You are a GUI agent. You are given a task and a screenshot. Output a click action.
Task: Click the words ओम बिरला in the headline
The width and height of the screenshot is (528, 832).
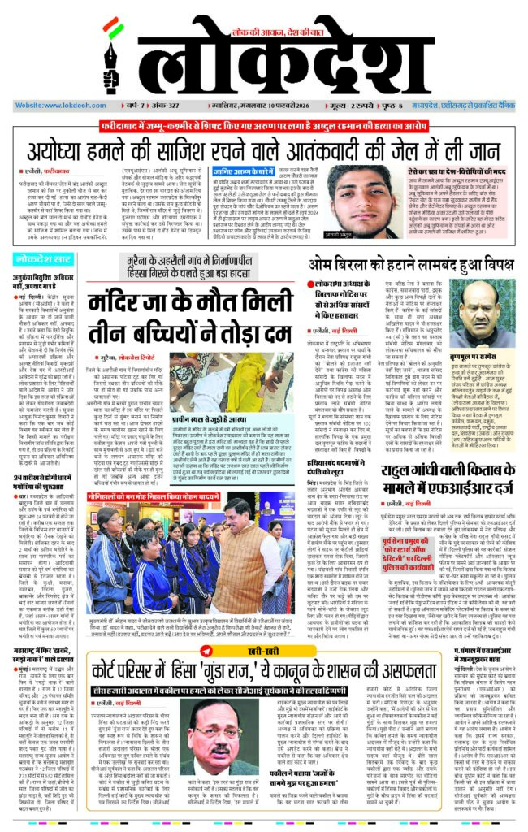(x=346, y=264)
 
